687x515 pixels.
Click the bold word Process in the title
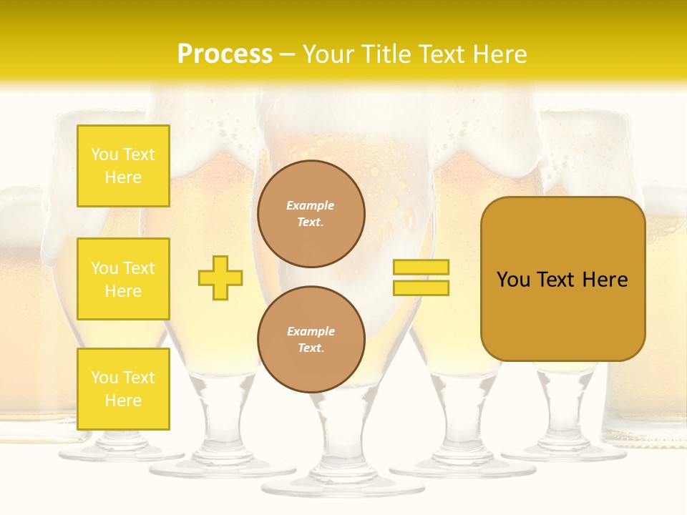(225, 54)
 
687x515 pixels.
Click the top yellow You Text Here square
(123, 166)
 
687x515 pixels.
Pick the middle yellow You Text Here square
(123, 279)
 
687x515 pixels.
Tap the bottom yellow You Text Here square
(123, 389)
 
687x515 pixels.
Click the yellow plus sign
(220, 278)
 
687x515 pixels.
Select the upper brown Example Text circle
(311, 213)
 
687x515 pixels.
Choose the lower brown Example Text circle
(311, 339)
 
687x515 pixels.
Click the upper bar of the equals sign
(421, 267)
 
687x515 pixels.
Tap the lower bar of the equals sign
(421, 288)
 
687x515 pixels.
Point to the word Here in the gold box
(605, 280)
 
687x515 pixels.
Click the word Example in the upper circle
(311, 205)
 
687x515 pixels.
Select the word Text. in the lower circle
(311, 348)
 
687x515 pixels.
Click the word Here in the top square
(123, 177)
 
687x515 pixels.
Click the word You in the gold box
(513, 280)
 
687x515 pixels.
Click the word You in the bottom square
(104, 378)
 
